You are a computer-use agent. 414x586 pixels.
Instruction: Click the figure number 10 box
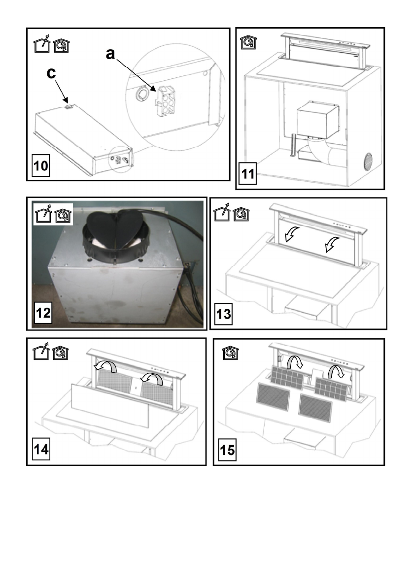(x=42, y=165)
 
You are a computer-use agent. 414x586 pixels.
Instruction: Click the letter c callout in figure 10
(x=50, y=73)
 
